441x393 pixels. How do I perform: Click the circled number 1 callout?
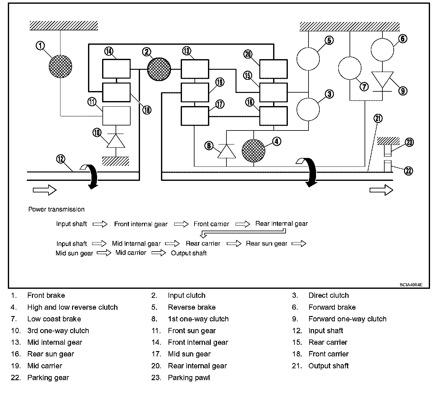pyautogui.click(x=40, y=46)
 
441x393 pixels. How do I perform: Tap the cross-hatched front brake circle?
pyautogui.click(x=60, y=67)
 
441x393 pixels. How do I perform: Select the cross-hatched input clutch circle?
pyautogui.click(x=159, y=69)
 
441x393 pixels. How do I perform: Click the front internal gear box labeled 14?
pyautogui.click(x=117, y=69)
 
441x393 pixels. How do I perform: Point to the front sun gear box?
pyautogui.click(x=117, y=116)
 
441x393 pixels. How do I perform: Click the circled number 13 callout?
pyautogui.click(x=187, y=51)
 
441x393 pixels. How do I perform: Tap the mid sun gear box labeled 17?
pyautogui.click(x=195, y=116)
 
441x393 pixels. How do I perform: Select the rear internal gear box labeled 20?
pyautogui.click(x=274, y=69)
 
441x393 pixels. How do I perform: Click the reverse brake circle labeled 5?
pyautogui.click(x=308, y=59)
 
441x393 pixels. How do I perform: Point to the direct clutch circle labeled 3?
pyautogui.click(x=308, y=109)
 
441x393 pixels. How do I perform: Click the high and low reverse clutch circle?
pyautogui.click(x=254, y=151)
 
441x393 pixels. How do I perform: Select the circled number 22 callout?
pyautogui.click(x=408, y=171)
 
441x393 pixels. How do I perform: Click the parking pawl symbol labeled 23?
pyautogui.click(x=388, y=151)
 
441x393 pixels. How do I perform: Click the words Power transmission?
pyautogui.click(x=56, y=209)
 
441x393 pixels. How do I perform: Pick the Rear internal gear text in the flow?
pyautogui.click(x=282, y=224)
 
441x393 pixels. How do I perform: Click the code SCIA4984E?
pyautogui.click(x=411, y=285)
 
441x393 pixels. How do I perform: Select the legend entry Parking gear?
pyautogui.click(x=48, y=378)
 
